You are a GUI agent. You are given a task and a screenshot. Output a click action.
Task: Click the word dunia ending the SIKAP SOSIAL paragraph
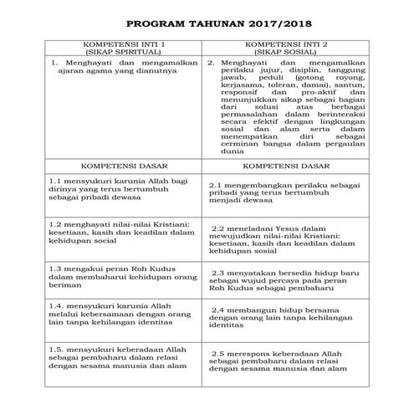(219, 152)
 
